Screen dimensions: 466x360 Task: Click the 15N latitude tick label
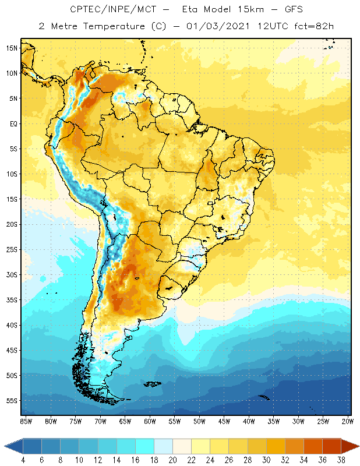[x=11, y=48]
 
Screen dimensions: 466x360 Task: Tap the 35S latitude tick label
[x=11, y=299]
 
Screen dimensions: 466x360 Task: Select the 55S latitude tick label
[x=11, y=400]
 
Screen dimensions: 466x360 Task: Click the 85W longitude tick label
[x=26, y=421]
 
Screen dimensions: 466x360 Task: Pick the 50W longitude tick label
[x=200, y=421]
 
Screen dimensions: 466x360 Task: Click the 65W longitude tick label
[x=125, y=421]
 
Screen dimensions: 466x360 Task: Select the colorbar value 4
[x=23, y=460]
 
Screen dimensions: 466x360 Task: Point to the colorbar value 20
[x=172, y=460]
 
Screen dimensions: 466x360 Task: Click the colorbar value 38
[x=341, y=460]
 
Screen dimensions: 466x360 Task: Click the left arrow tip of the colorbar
[x=5, y=446]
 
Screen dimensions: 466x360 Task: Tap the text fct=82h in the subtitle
[x=313, y=26]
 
